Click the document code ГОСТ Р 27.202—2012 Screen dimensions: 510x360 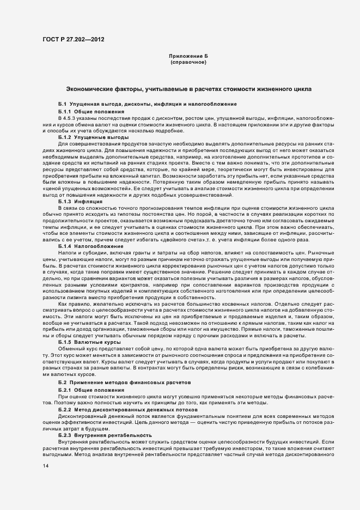(74, 39)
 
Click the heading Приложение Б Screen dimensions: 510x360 (188, 57)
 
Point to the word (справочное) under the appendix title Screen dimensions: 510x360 (188, 63)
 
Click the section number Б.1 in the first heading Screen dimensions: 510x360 (62, 104)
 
